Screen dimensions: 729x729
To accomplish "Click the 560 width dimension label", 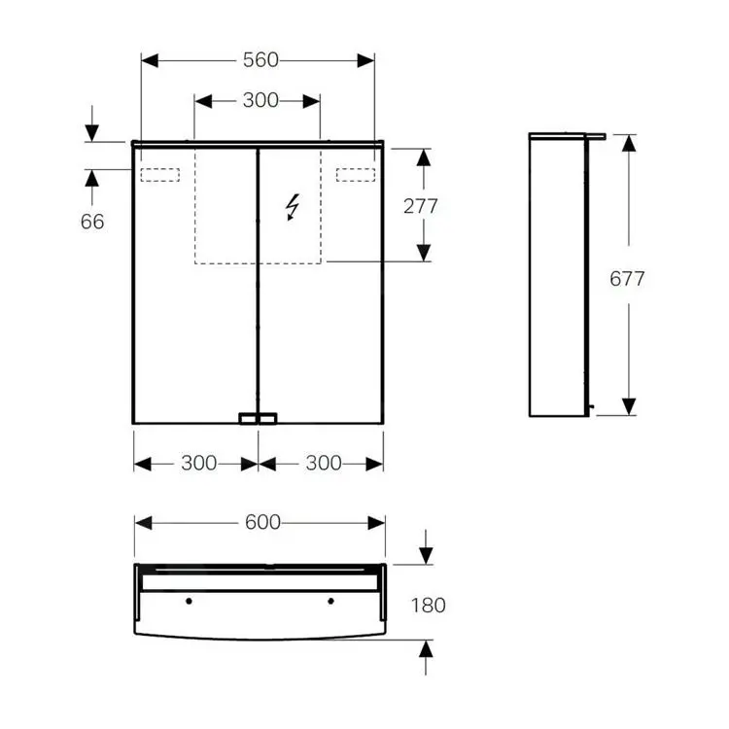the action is [x=260, y=60].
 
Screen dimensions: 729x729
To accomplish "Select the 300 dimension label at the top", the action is [x=260, y=100].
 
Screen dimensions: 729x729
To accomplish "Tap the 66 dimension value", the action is [x=92, y=222].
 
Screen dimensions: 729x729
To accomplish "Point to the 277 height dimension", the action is [x=420, y=206].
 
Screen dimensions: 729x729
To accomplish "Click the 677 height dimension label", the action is [x=627, y=279].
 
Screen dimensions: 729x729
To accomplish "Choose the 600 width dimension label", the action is [x=262, y=522].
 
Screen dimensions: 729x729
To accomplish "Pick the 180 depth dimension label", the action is [x=429, y=605].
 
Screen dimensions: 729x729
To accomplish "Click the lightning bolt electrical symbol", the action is [x=292, y=207].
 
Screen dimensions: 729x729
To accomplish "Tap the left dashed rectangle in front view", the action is [x=160, y=175].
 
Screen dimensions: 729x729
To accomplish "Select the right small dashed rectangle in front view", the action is [x=356, y=175].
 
